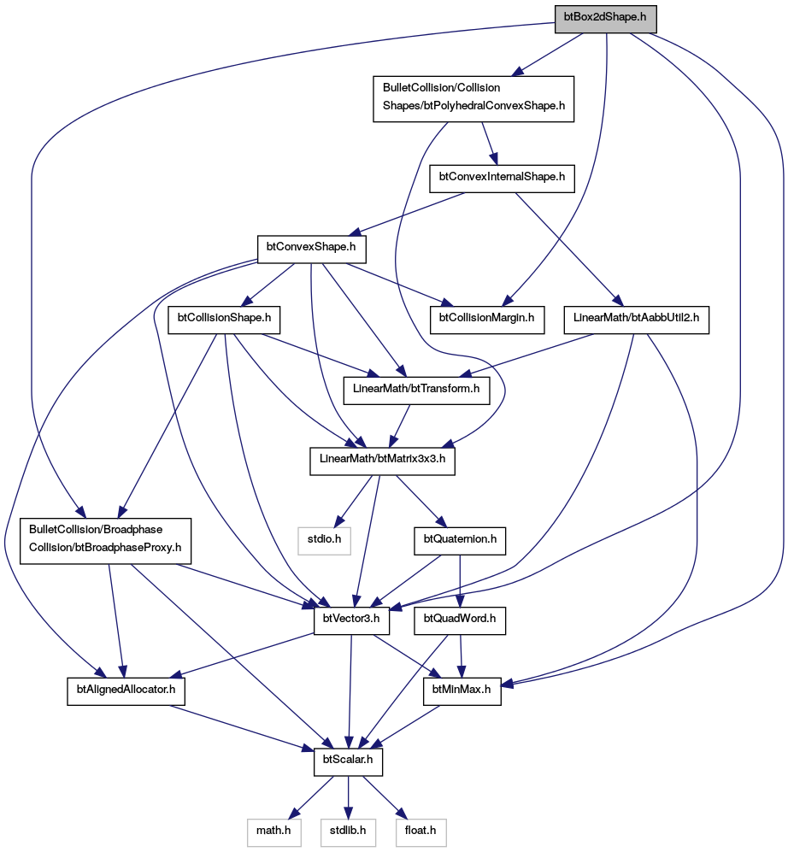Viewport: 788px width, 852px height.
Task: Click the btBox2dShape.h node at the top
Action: point(605,19)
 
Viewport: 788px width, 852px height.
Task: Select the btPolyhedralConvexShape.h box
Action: point(473,99)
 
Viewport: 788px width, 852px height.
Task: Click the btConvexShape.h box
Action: point(311,250)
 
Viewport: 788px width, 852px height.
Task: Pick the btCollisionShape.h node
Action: point(224,320)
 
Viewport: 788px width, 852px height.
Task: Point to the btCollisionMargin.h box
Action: point(487,320)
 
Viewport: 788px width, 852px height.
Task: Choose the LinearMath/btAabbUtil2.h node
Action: point(637,320)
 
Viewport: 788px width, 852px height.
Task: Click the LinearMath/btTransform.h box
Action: point(416,391)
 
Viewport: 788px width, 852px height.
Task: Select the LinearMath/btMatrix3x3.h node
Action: point(383,461)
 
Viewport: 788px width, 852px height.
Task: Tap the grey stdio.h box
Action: point(325,541)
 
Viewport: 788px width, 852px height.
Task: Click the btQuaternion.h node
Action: point(460,541)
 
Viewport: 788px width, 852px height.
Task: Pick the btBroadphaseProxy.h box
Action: point(105,541)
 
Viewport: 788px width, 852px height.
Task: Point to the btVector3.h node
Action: point(351,621)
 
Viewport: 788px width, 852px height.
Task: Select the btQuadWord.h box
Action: point(460,621)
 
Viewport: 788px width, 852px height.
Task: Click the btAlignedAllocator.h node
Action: point(126,691)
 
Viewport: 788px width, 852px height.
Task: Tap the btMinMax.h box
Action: point(462,691)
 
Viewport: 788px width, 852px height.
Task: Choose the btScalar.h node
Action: point(349,762)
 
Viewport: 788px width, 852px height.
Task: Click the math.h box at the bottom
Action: point(273,833)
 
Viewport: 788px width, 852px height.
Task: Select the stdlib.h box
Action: point(348,833)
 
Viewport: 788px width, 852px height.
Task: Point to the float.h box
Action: point(420,833)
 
